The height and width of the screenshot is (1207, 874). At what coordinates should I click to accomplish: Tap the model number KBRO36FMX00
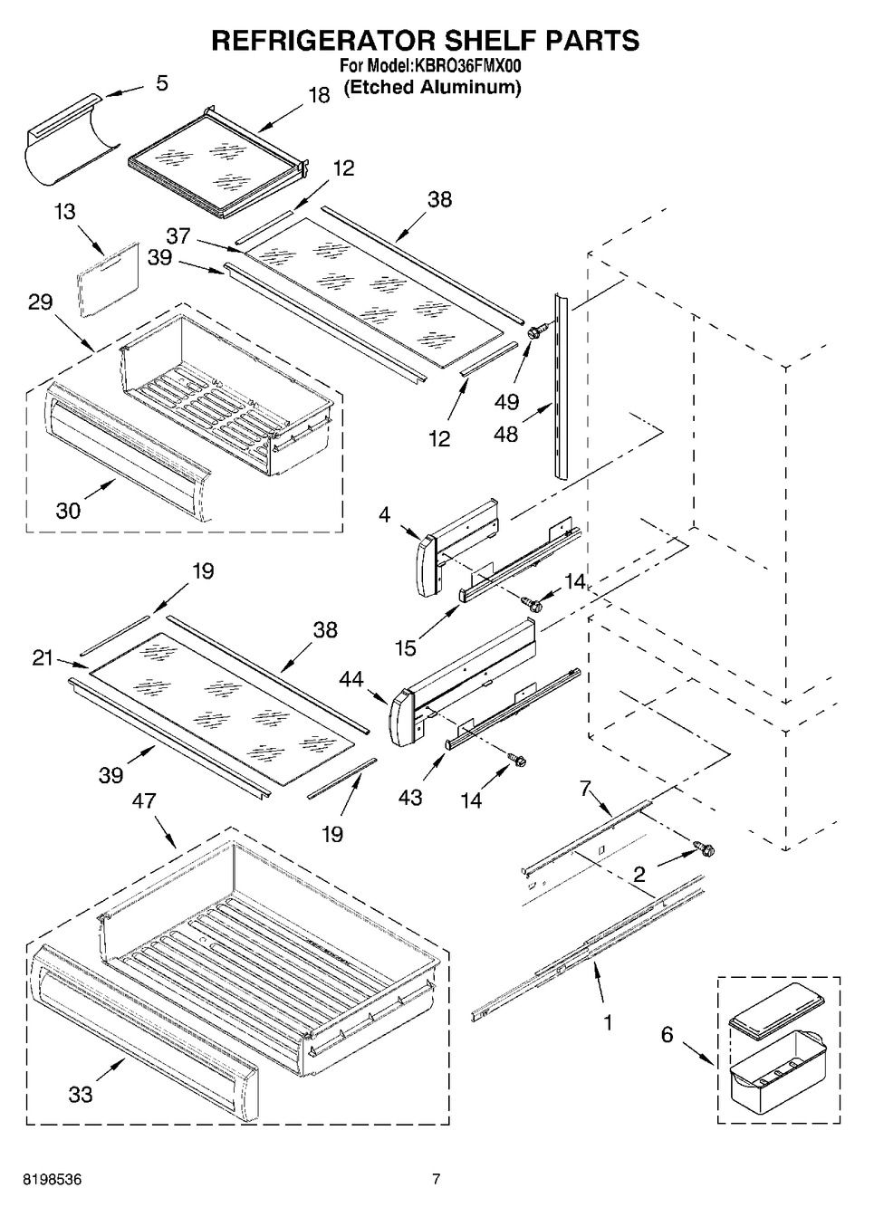(464, 66)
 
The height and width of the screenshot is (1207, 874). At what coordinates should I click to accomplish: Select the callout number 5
(161, 83)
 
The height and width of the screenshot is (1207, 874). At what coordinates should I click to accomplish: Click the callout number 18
(319, 95)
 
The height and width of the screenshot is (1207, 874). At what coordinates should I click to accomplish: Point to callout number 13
(64, 212)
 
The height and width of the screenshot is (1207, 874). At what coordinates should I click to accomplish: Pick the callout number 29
(40, 302)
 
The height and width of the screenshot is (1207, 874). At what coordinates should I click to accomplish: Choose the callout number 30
(68, 510)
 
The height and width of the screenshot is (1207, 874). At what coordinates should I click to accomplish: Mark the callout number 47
(144, 800)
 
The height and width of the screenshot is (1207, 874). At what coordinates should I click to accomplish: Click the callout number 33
(81, 1095)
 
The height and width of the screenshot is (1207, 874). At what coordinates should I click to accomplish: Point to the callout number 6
(667, 1033)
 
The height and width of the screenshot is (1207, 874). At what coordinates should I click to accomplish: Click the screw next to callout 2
(703, 848)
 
